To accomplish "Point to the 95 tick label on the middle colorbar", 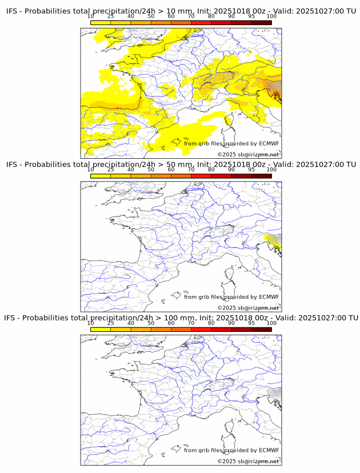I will [251, 170].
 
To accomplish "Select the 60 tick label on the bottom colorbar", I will [171, 323].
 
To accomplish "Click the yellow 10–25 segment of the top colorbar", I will [101, 22].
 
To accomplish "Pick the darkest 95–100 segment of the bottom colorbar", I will [261, 330].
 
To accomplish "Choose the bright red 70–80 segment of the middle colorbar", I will [201, 176].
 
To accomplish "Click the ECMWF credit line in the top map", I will [231, 143].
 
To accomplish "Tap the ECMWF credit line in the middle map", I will [231, 297].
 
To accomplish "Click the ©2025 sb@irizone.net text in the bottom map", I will [248, 461].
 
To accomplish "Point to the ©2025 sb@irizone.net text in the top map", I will [248, 154].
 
